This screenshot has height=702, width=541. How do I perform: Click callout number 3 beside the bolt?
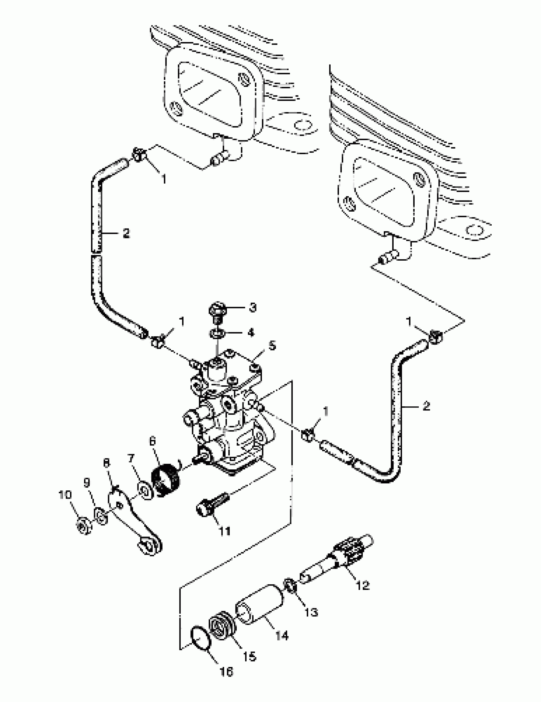253,308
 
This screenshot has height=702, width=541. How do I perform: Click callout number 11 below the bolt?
225,531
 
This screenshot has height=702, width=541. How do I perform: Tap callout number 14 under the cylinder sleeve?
282,635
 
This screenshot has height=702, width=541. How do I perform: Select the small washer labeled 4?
217,334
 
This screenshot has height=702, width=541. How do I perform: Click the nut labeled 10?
84,526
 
